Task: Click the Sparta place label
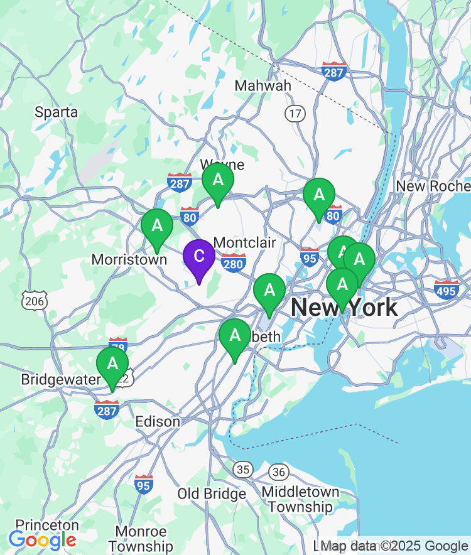click(x=57, y=112)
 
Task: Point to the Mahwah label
click(x=263, y=85)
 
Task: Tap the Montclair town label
click(x=244, y=242)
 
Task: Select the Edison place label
click(x=158, y=421)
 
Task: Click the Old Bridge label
click(x=212, y=494)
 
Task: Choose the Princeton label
click(x=47, y=525)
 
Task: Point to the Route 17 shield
click(x=295, y=114)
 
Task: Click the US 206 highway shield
click(x=34, y=301)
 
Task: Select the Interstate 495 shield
click(x=446, y=289)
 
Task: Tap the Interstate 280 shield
click(x=233, y=263)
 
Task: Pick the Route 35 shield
click(x=242, y=469)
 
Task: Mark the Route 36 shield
click(x=279, y=471)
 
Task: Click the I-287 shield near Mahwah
click(x=333, y=71)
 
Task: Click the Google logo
click(x=43, y=539)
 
